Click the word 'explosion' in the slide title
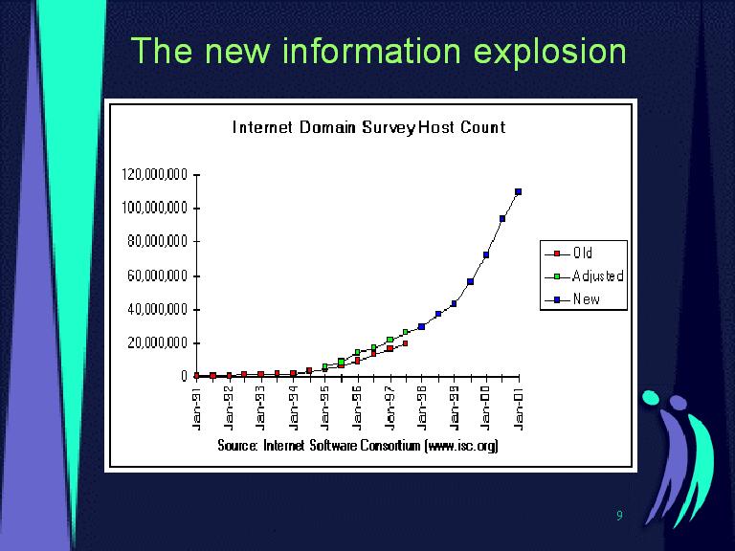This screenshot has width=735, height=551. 550,52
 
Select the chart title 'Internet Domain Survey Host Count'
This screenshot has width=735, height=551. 368,127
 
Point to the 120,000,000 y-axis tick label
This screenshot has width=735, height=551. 155,175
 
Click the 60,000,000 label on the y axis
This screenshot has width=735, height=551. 157,275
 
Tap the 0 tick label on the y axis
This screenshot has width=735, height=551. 184,376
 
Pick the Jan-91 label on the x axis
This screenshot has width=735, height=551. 197,408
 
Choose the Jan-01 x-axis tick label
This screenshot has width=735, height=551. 519,408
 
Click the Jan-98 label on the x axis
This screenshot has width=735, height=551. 422,408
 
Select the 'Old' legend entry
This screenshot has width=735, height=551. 568,253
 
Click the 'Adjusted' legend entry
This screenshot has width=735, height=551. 584,275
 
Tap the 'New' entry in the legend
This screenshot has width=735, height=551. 572,298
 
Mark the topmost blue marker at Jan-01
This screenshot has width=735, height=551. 518,191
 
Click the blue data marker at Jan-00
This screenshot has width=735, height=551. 486,254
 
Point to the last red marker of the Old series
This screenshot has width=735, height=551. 405,343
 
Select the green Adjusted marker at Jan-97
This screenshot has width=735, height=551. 390,340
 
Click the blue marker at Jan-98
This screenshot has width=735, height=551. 421,326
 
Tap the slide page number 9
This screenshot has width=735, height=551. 620,516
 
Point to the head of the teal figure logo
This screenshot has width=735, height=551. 651,397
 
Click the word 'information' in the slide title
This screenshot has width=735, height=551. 371,51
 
